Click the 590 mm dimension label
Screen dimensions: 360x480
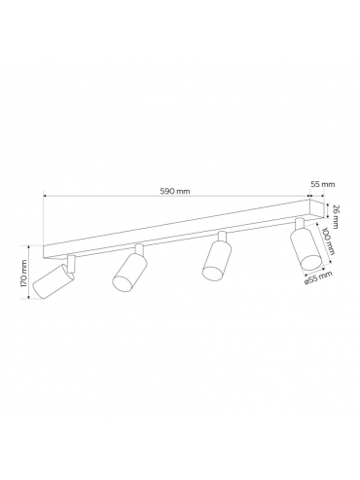click(175, 191)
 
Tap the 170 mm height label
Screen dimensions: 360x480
click(23, 273)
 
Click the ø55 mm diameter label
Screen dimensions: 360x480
click(319, 278)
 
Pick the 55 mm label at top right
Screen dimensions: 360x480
click(323, 184)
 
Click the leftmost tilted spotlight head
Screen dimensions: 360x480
click(54, 281)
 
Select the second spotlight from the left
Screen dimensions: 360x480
click(129, 272)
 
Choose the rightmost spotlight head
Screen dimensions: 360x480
click(306, 249)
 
